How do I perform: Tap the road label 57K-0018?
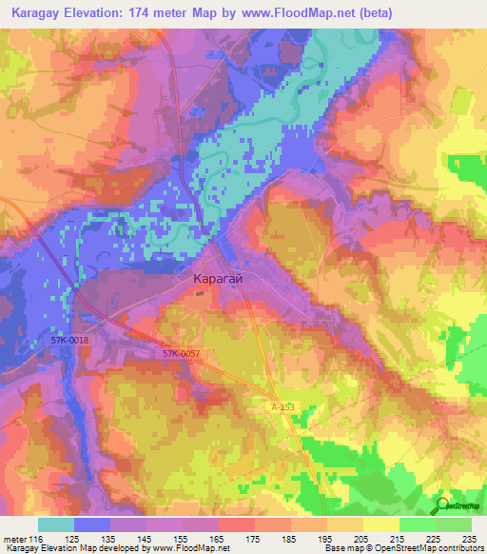71,339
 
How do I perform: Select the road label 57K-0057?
180,353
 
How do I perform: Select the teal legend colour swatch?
55,524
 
